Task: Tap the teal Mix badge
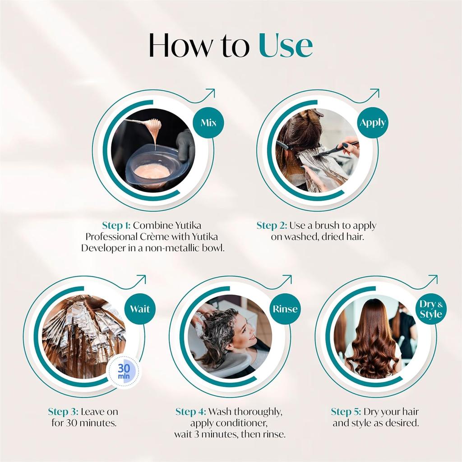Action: [208, 123]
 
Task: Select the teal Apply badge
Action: [373, 123]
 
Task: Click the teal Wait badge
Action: [140, 309]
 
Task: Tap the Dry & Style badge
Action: [431, 309]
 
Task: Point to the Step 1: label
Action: [116, 225]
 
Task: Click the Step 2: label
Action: [272, 225]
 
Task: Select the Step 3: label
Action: [65, 411]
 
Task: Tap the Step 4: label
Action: [191, 411]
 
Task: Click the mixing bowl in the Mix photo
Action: [153, 169]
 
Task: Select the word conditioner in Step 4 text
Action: [243, 423]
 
